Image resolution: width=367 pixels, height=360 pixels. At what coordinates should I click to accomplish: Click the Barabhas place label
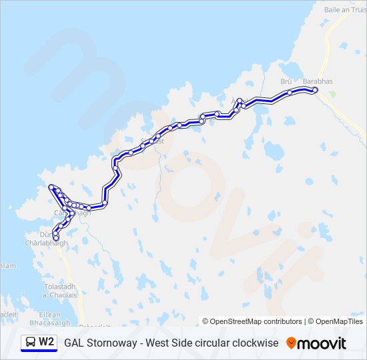(317, 81)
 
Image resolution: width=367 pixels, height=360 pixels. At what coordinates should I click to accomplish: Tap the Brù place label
(286, 81)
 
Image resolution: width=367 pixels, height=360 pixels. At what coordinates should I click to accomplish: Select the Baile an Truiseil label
(345, 10)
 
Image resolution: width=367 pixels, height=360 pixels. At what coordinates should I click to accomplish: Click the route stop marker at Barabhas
(315, 90)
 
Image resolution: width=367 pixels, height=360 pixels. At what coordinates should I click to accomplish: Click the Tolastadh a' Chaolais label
(59, 291)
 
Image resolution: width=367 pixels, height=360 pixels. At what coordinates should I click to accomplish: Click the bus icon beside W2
(30, 343)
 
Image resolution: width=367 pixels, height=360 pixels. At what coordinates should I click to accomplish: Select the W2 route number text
(47, 343)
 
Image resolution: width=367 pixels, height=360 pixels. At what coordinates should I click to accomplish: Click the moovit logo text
(322, 343)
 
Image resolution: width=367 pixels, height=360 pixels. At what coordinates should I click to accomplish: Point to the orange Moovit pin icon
(291, 343)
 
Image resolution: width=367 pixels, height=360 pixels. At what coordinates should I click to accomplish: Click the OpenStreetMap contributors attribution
(252, 321)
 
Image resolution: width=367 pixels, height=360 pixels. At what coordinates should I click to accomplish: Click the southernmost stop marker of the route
(55, 237)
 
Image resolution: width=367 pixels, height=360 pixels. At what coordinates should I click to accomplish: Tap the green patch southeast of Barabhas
(332, 95)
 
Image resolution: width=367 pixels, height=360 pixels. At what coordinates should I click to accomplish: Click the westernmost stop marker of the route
(51, 187)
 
